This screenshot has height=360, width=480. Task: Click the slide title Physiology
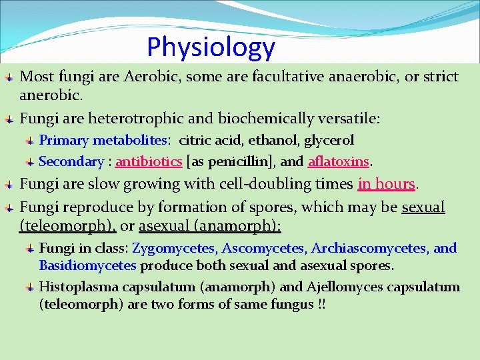211,47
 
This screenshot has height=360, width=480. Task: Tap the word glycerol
329,141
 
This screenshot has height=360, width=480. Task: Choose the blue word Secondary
71,162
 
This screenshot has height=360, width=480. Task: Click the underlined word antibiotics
149,162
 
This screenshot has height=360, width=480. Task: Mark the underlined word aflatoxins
338,162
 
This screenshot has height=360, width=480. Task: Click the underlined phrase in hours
386,184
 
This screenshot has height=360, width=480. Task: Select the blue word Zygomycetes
174,249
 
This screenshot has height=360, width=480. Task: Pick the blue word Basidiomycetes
87,266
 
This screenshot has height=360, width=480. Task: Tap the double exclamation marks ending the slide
321,305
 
